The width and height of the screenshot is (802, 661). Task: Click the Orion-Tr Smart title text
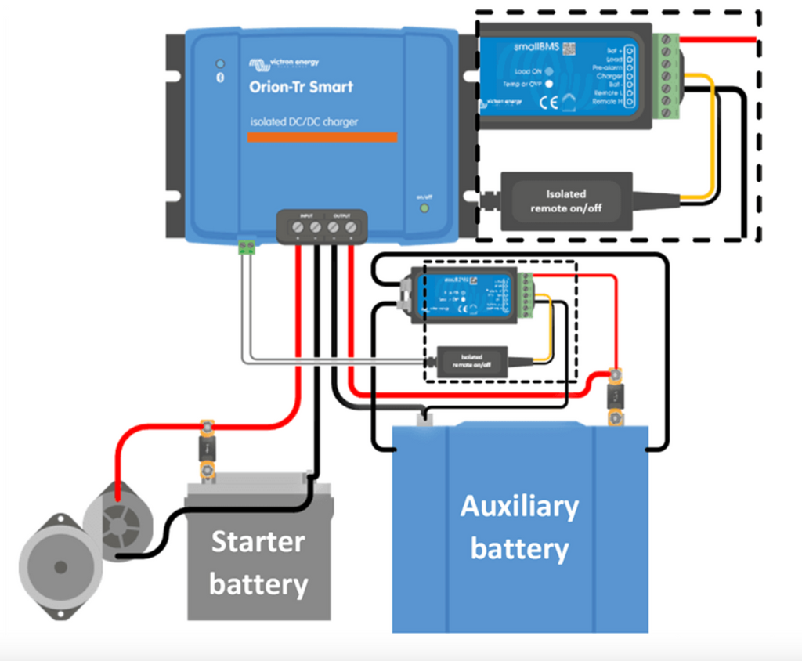301,87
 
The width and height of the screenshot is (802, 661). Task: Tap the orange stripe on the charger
322,138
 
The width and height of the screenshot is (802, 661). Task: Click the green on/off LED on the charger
424,208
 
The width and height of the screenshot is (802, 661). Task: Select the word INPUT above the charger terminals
306,215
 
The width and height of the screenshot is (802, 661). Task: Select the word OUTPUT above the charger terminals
341,215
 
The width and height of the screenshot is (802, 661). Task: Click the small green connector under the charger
247,247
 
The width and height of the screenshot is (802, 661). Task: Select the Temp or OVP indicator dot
549,83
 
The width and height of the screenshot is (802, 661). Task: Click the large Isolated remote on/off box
566,200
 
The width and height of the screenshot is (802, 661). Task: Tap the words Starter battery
258,562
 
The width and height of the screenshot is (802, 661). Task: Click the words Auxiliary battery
519,527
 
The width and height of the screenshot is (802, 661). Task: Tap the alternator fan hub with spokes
118,522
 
